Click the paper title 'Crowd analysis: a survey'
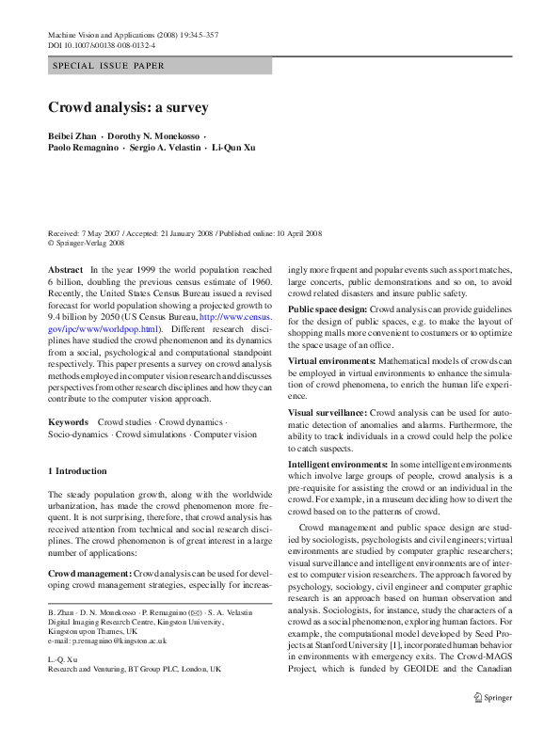[128, 107]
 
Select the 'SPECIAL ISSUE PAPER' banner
[108, 66]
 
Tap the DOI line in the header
[101, 44]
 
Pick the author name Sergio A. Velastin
[166, 148]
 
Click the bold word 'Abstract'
[65, 269]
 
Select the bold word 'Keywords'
[69, 422]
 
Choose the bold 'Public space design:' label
[328, 309]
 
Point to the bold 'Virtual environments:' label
[331, 361]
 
